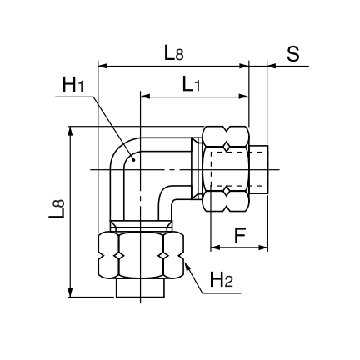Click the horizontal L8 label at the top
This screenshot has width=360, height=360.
pyautogui.click(x=174, y=53)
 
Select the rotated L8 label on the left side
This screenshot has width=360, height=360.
pyautogui.click(x=57, y=208)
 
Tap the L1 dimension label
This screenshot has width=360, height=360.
pyautogui.click(x=191, y=84)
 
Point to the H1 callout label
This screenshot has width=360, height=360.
pyautogui.click(x=72, y=85)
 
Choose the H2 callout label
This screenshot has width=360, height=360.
pyautogui.click(x=222, y=279)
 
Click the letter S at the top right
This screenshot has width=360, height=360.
pyautogui.click(x=293, y=53)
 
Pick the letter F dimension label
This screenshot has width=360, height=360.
pyautogui.click(x=240, y=235)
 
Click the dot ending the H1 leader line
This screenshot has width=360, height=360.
pyautogui.click(x=133, y=160)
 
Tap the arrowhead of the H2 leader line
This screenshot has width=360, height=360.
pyautogui.click(x=187, y=267)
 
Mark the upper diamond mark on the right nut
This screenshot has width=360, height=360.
pyautogui.click(x=227, y=147)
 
